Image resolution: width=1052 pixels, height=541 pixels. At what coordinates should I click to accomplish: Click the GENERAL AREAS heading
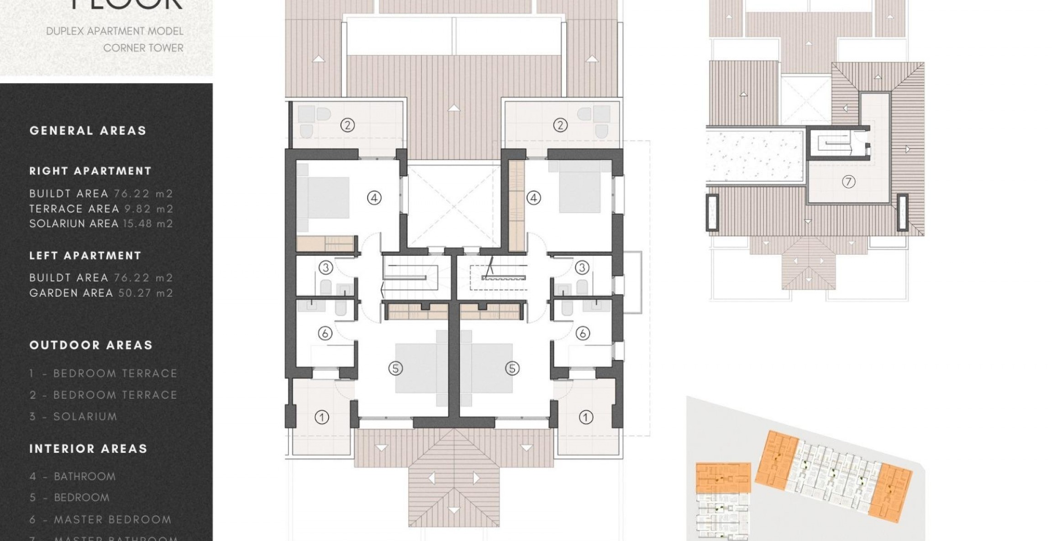coord(88,131)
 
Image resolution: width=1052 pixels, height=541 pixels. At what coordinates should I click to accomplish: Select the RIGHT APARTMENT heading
coord(90,171)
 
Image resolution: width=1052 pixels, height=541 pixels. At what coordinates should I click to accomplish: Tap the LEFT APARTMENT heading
coord(85,256)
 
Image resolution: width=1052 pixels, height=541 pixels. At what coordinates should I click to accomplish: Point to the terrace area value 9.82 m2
coord(149,209)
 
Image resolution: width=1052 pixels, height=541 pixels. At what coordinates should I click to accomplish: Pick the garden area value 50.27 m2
coord(146,293)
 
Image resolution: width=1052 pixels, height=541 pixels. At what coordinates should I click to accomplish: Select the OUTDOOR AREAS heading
coord(91,345)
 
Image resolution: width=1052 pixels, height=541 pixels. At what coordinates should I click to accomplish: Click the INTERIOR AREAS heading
coord(89,449)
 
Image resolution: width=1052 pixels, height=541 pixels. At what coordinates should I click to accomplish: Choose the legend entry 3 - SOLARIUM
coord(74,416)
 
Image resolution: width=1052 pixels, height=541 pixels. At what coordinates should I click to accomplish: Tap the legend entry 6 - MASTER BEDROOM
coord(100,520)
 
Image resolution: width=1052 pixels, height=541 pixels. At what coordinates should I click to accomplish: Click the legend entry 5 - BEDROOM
coord(70,498)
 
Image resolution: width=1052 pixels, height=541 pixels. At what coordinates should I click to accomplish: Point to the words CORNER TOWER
coord(143,48)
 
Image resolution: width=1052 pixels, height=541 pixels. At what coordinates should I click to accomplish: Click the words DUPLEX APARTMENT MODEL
coord(115,32)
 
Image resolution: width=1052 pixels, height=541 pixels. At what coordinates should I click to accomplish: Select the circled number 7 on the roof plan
coord(848,182)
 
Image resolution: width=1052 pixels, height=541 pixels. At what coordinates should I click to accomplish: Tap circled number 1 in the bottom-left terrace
coord(322,417)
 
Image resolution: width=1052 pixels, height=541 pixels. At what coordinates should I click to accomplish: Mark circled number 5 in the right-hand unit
coord(512,368)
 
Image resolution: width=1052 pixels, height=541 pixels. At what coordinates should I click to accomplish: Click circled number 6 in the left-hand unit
coord(325,333)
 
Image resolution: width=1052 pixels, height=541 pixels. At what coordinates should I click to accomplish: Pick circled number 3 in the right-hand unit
coord(582,268)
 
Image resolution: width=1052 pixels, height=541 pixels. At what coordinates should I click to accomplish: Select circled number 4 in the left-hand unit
coord(374,198)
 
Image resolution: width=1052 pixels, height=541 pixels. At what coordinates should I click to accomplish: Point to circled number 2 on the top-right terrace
coord(560,125)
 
